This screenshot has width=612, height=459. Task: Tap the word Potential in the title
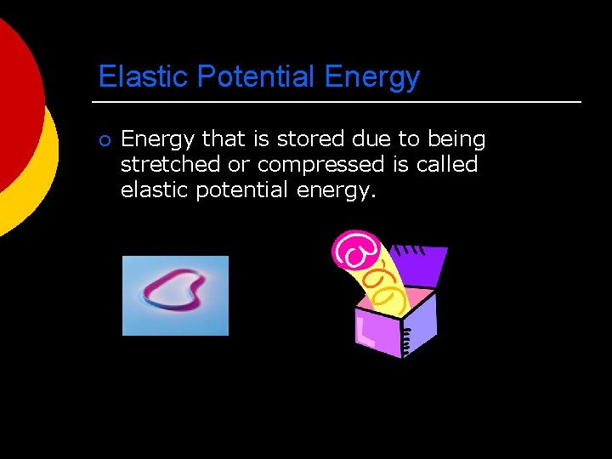[257, 77]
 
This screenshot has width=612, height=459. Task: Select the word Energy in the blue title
[372, 77]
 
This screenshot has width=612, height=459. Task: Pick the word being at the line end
[456, 139]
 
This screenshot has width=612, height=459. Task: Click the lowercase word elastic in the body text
[155, 190]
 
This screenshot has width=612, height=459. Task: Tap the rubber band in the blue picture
[175, 290]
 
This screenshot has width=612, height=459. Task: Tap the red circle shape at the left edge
[13, 102]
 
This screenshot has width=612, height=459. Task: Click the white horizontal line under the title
[340, 102]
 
